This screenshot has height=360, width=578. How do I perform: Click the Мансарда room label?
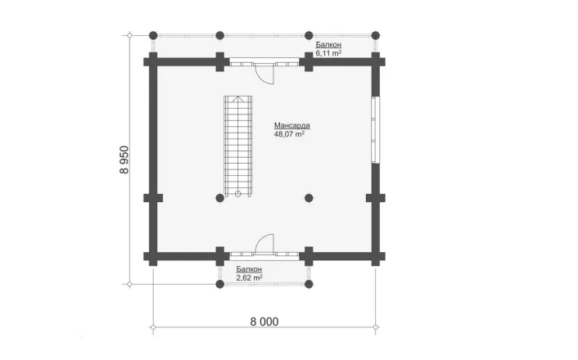pos(292,125)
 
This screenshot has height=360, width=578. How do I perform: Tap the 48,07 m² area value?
pos(289,134)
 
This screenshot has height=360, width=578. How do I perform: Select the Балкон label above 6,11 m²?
pos(328,44)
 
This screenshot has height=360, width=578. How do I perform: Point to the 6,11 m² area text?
pos(328,53)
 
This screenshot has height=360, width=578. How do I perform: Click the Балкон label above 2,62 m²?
pos(249,269)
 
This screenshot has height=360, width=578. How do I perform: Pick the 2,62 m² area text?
pos(249,278)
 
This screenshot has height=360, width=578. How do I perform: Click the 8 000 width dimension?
pos(264,322)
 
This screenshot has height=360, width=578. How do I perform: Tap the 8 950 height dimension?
pos(124,160)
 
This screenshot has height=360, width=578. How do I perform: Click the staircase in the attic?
pos(238,146)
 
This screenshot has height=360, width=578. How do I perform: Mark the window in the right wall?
pos(374,129)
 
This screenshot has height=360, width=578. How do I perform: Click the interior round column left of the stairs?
pos(219,198)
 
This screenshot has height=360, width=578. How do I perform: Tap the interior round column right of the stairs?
pos(309,198)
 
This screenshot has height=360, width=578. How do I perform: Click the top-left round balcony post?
pos(153,36)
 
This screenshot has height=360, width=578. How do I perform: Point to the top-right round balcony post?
pos(376,36)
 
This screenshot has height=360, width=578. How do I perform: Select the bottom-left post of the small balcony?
pos(219,284)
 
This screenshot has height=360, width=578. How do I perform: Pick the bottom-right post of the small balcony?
pos(309,284)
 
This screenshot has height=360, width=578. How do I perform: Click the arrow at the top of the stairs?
pos(238,99)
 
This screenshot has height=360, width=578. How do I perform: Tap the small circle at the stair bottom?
pos(237,193)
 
